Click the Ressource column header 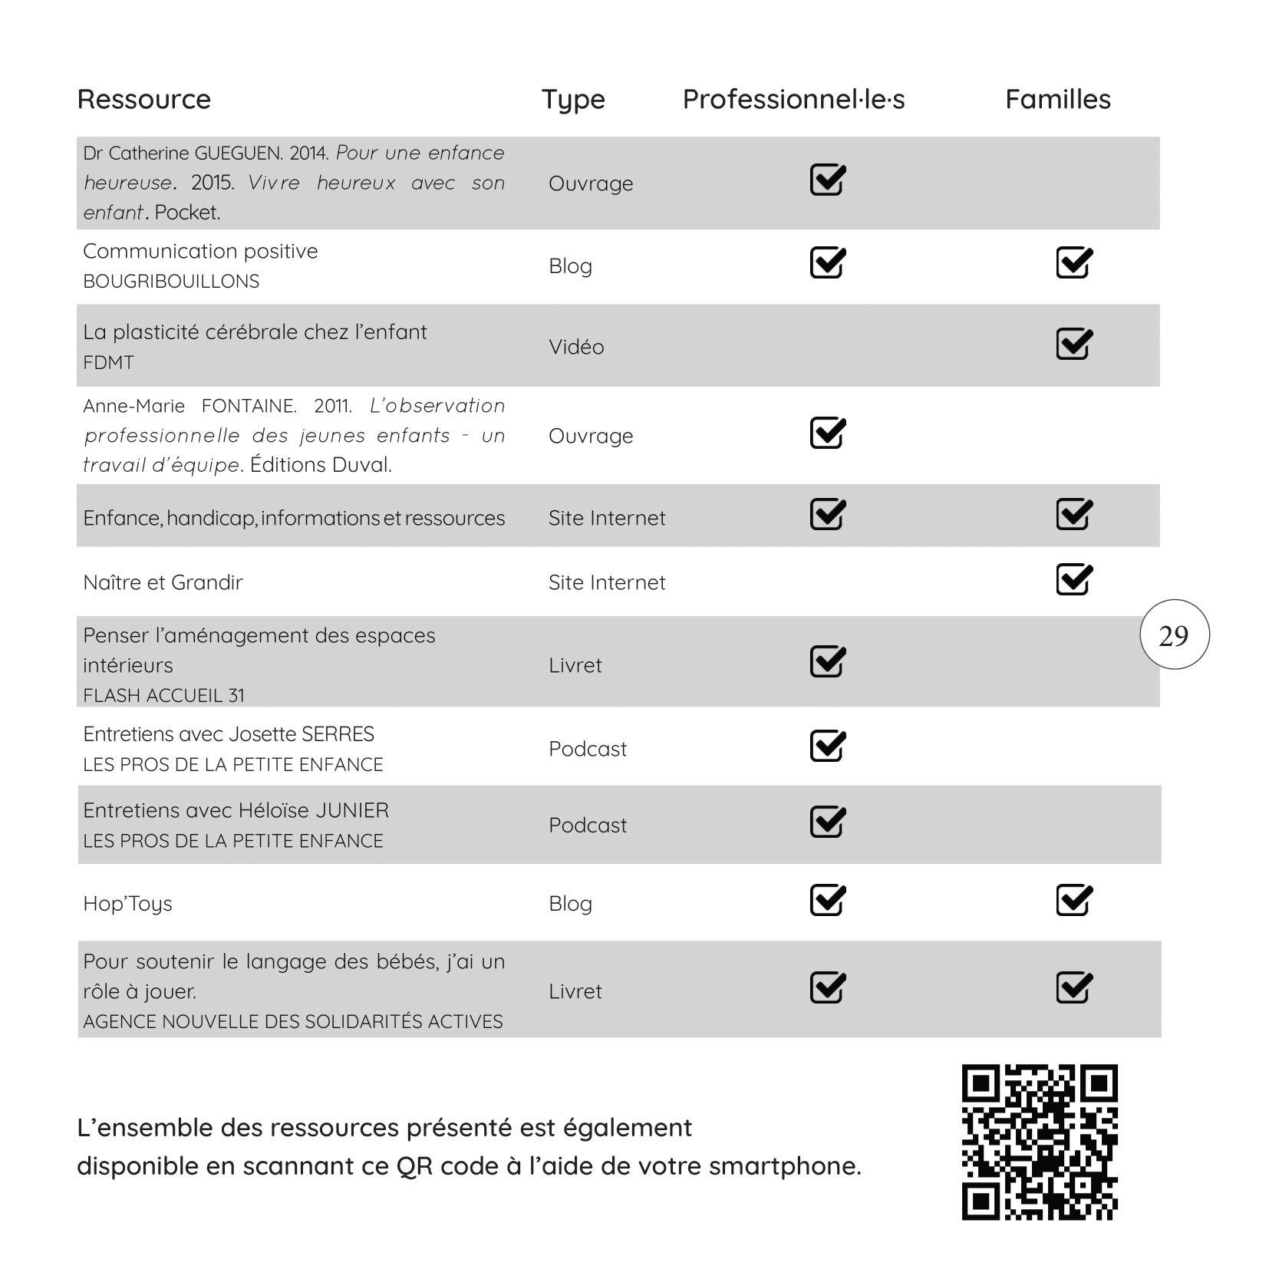click(143, 99)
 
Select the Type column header click(572, 100)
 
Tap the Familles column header click(1057, 99)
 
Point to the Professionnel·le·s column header click(793, 99)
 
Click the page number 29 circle click(1173, 635)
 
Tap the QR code click(1039, 1142)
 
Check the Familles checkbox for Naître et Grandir click(1073, 580)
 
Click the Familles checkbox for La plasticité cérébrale click(1073, 344)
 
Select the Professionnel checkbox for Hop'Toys click(827, 901)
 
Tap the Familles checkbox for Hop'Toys click(1073, 901)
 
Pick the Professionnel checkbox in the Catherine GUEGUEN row click(827, 180)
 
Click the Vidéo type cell click(576, 347)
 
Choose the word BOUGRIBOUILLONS click(171, 282)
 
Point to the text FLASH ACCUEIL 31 click(163, 695)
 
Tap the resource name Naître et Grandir click(163, 582)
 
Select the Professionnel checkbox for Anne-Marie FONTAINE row click(827, 433)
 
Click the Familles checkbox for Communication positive click(1073, 263)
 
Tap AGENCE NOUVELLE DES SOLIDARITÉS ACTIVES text click(292, 1022)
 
